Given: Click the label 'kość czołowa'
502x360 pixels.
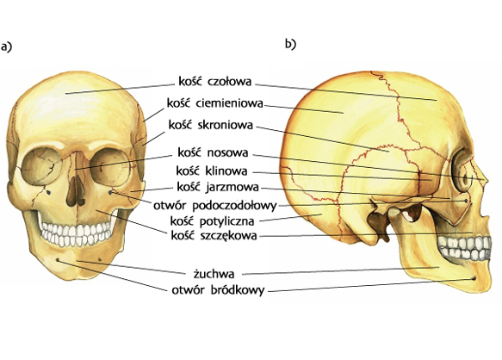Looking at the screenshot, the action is click(214, 81).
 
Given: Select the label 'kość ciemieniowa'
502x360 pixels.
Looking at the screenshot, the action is click(215, 103).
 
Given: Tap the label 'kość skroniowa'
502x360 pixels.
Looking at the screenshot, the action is click(211, 125).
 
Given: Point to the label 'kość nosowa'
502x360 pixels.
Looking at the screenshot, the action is click(213, 152).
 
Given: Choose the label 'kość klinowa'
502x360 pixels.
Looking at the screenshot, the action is click(212, 171).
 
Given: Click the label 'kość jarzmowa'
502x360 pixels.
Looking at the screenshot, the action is click(218, 187).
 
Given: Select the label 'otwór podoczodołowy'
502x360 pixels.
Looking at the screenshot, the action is click(214, 206).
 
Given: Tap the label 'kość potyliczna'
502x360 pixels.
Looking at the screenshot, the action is click(213, 221).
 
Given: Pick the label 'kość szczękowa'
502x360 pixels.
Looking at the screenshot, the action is click(214, 236).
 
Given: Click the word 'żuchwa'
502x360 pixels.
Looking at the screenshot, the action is click(214, 274).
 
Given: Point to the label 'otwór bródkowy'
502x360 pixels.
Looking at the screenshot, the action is click(218, 290).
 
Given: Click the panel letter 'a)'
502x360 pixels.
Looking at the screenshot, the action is click(6, 47).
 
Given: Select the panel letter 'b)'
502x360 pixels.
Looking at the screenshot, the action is click(291, 44).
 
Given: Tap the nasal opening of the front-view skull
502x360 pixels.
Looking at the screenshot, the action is click(76, 191).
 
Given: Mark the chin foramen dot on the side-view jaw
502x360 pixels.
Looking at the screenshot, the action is click(474, 278).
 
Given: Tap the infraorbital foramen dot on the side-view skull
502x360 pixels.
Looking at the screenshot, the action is click(466, 201).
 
